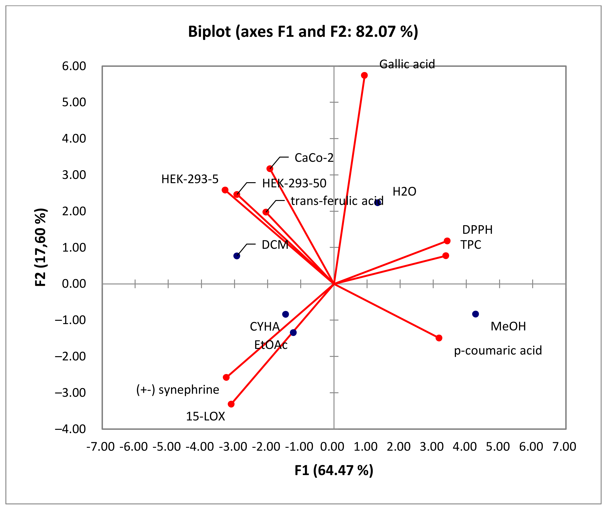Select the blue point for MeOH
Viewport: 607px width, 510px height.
[475, 314]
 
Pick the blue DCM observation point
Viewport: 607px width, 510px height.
[237, 256]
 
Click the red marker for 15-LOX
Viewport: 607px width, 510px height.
[231, 404]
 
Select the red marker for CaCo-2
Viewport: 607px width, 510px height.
[270, 169]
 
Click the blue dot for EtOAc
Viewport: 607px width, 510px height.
[293, 332]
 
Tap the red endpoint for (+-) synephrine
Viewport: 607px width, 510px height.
[226, 377]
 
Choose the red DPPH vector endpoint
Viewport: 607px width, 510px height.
[447, 241]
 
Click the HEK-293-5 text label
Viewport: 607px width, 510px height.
[190, 179]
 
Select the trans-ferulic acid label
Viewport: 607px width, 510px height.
[337, 201]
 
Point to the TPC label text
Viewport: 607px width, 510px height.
[471, 245]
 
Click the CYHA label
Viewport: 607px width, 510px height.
[265, 327]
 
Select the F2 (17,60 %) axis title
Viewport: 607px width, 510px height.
[41, 247]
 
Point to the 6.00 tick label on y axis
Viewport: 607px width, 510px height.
[74, 66]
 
